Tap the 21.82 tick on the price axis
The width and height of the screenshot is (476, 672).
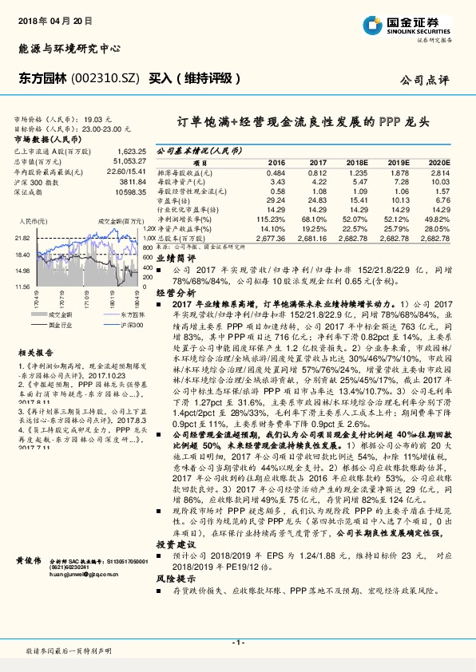coord(22,238)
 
